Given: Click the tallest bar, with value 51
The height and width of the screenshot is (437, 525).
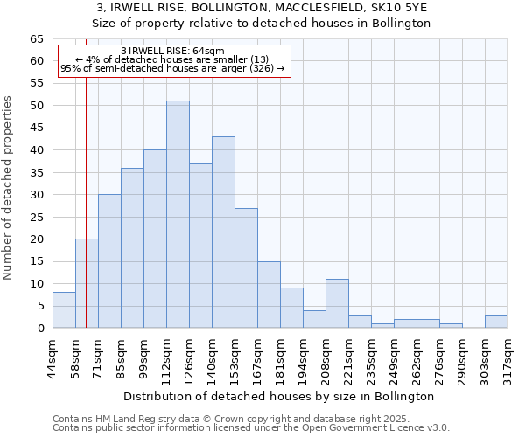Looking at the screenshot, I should point(178,214).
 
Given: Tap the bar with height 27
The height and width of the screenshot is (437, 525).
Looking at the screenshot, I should point(246,267).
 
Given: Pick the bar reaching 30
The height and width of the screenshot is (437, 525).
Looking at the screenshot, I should point(109,261).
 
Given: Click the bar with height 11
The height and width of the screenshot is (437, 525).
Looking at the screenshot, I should point(337,303).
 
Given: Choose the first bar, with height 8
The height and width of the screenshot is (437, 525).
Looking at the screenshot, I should point(64,310).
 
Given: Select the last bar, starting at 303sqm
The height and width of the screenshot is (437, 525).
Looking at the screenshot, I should point(496,321).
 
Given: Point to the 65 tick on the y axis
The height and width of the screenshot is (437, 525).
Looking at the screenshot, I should point(36,39).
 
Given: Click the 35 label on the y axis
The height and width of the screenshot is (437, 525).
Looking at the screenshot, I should point(36,173).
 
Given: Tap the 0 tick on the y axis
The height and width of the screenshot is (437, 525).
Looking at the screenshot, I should point(40,329).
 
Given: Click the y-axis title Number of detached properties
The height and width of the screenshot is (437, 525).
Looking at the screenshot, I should point(8,188).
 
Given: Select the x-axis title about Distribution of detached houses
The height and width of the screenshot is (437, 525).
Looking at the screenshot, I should point(279,396).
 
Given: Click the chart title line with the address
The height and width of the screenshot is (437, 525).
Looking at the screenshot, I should point(262,8).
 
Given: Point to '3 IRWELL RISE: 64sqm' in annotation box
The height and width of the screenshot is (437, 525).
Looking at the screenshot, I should point(172,52).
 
